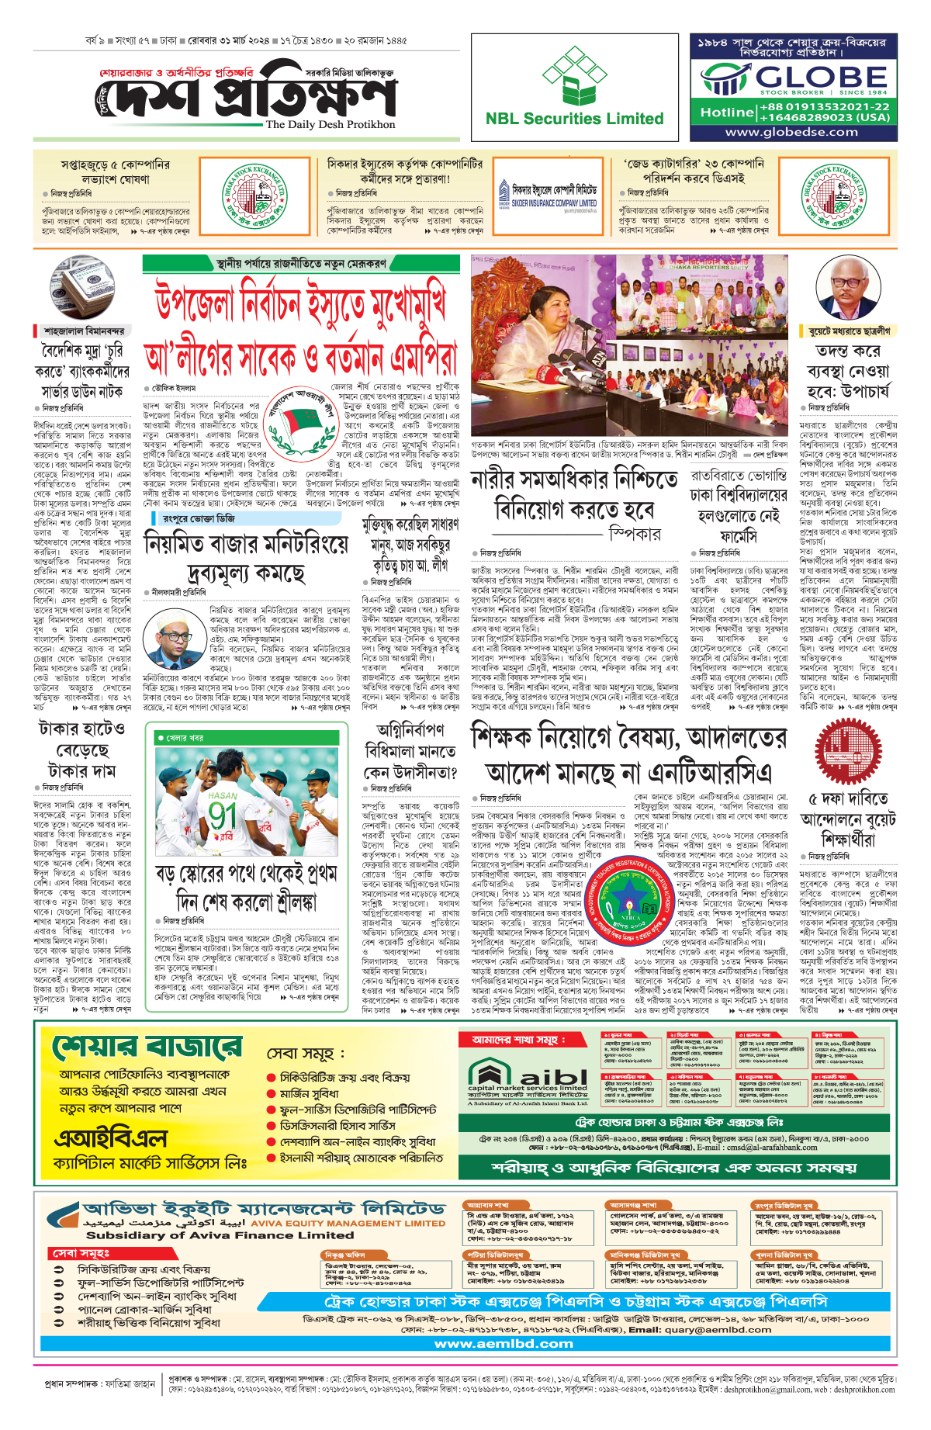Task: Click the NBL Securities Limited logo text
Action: click(574, 119)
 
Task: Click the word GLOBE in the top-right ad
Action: click(821, 77)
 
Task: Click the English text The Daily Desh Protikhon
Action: click(331, 124)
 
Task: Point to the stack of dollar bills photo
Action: click(82, 286)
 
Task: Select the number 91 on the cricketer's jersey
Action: click(223, 816)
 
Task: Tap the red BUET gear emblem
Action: click(847, 752)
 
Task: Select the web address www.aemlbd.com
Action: click(504, 1343)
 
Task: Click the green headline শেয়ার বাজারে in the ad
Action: click(147, 1047)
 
